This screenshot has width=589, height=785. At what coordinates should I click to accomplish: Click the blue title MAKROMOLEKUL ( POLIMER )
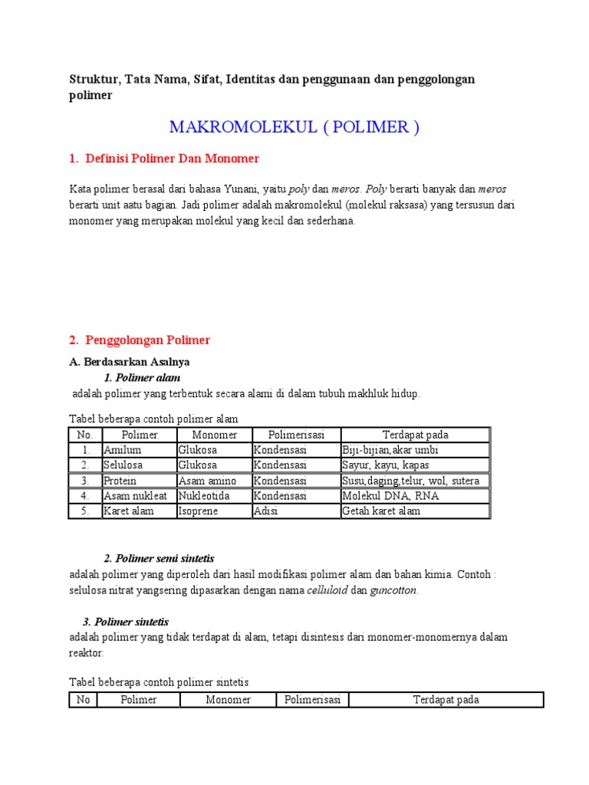294,127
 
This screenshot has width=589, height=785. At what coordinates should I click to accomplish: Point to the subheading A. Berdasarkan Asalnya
129,361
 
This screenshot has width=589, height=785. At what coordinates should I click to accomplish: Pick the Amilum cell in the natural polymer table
123,450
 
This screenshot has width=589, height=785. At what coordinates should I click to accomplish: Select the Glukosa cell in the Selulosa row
198,465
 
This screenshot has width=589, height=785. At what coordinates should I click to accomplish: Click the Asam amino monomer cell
207,481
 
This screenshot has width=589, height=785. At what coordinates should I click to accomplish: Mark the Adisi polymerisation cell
266,511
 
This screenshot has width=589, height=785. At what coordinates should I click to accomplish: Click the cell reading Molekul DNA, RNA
390,496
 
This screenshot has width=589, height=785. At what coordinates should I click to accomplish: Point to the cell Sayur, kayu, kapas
386,465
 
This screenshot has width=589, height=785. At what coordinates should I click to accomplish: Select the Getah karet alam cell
381,511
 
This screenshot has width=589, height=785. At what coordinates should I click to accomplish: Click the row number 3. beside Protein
86,481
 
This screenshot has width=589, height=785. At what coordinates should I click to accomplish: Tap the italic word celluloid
327,590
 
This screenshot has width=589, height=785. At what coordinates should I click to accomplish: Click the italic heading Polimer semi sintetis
165,558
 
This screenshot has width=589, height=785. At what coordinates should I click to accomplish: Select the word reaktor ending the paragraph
85,653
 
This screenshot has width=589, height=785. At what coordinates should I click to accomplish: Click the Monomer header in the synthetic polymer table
228,700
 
